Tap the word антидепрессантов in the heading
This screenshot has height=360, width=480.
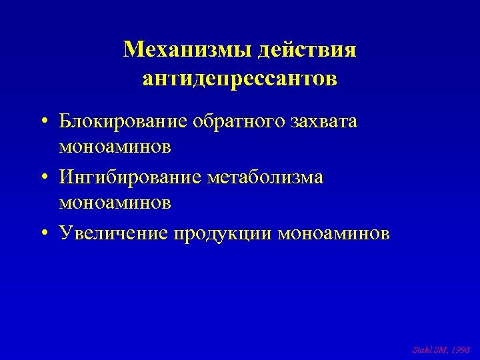tap(240, 79)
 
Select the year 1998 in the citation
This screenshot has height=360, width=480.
tap(461, 349)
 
